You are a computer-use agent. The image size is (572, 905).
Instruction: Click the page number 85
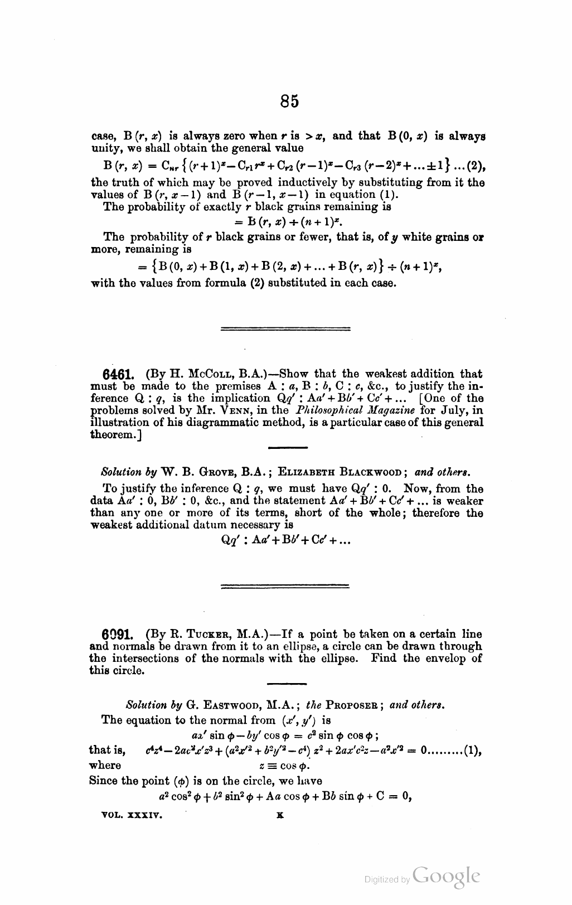pos(289,101)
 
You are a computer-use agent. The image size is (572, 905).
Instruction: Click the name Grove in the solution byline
pos(202,472)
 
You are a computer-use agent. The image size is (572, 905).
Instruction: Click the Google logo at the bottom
pos(447,877)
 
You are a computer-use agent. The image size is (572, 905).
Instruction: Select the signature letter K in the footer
pos(279,815)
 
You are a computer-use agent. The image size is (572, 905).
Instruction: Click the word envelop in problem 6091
pos(450,659)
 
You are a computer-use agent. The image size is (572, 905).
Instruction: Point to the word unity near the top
pos(102,148)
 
